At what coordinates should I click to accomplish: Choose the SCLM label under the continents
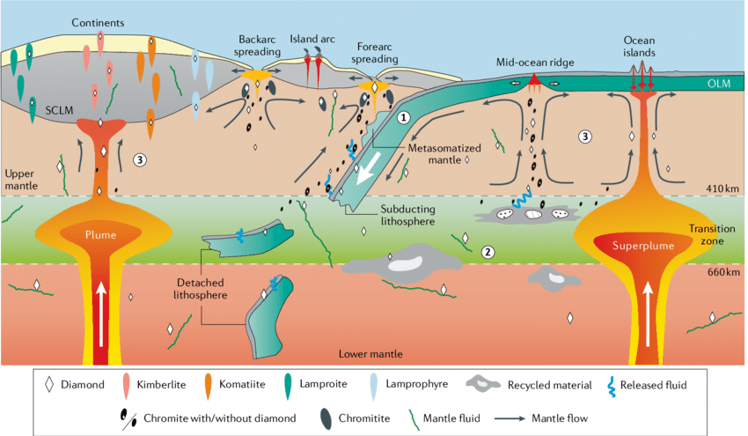(58, 113)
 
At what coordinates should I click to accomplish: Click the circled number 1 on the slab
(403, 116)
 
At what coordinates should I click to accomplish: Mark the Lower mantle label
(370, 353)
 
